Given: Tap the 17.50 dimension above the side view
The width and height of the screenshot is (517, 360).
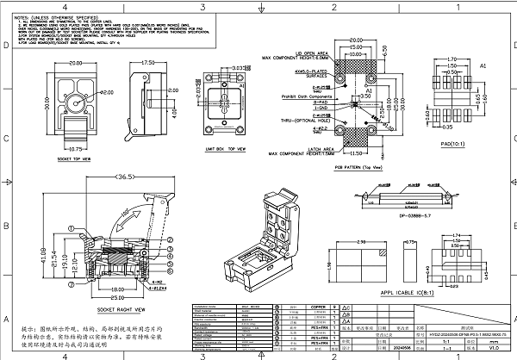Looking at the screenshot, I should pyautogui.click(x=147, y=63).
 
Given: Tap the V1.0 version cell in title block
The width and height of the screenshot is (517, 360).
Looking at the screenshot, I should pyautogui.click(x=494, y=348).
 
